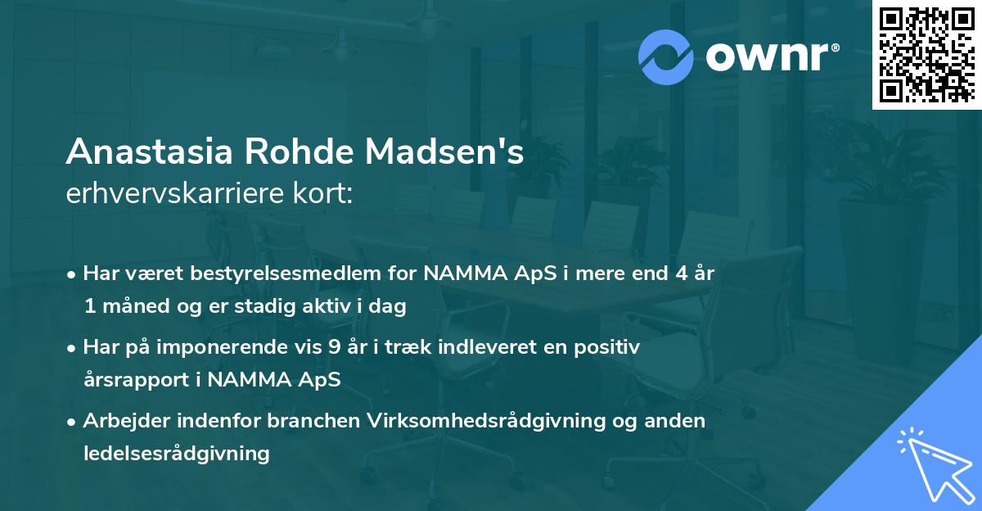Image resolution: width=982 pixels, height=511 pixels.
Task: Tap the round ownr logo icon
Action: [666, 56]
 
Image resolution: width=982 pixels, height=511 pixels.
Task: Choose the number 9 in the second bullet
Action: [334, 347]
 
